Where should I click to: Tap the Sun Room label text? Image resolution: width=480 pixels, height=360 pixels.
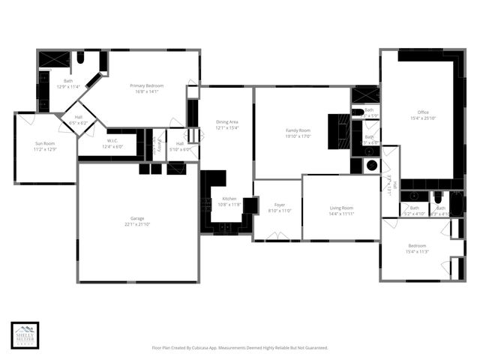pyautogui.click(x=44, y=142)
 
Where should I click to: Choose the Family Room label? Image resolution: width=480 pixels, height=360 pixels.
pyautogui.click(x=298, y=130)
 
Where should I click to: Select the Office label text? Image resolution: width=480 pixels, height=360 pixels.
pyautogui.click(x=423, y=112)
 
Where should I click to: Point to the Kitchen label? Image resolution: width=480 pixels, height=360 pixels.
pyautogui.click(x=229, y=199)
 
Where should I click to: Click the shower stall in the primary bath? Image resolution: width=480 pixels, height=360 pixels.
pyautogui.click(x=53, y=59)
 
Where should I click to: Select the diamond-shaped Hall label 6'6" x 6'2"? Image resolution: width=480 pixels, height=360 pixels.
pyautogui.click(x=78, y=118)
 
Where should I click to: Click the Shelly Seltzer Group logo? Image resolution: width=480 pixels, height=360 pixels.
pyautogui.click(x=23, y=335)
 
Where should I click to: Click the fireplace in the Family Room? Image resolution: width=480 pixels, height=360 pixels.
pyautogui.click(x=341, y=133)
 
